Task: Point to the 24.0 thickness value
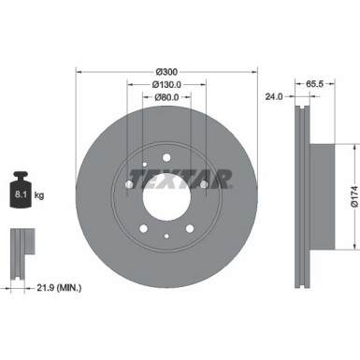coord(275,95)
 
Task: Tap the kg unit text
coord(40,196)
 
